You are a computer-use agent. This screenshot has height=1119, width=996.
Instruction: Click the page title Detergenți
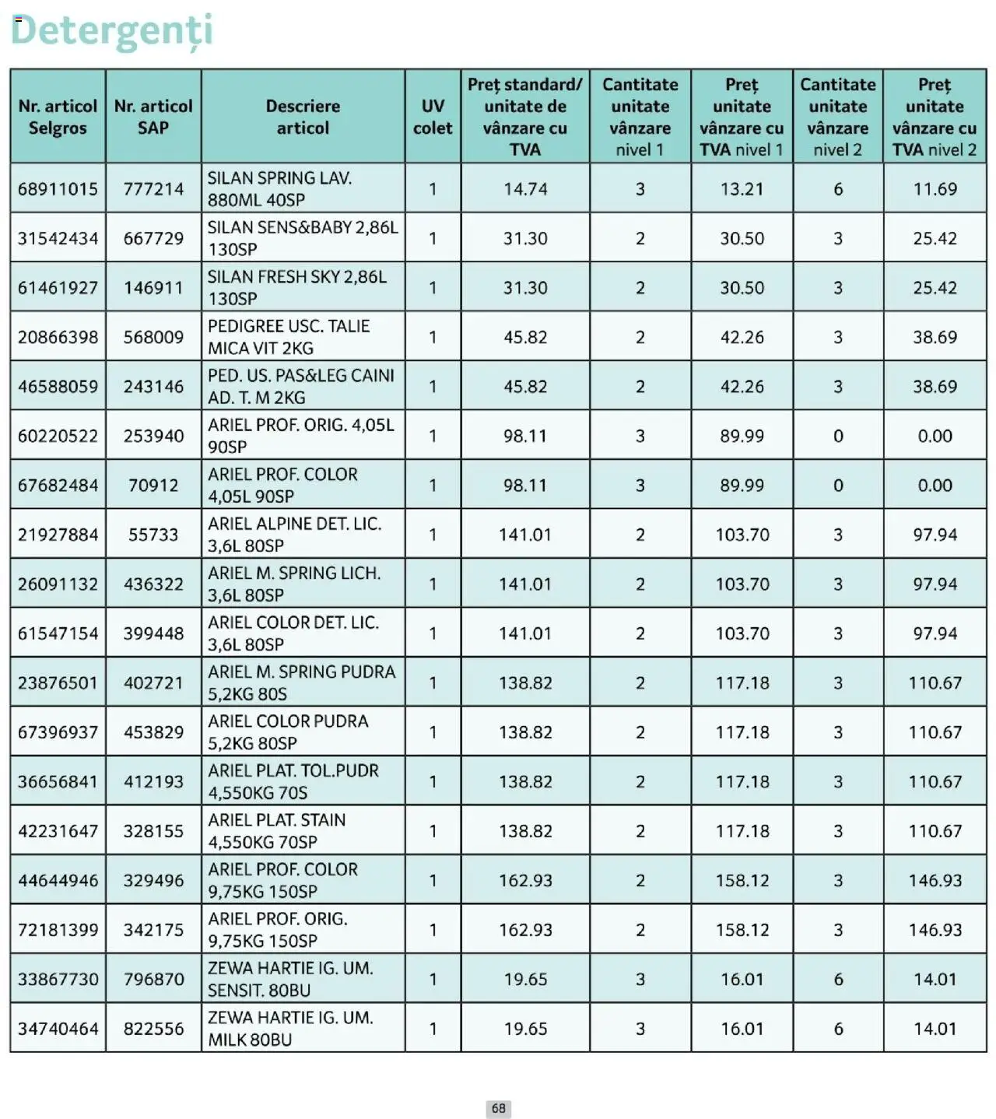click(111, 31)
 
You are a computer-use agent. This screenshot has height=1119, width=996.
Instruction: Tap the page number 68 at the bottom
click(498, 1108)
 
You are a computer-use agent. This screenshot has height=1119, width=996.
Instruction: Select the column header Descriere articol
click(303, 117)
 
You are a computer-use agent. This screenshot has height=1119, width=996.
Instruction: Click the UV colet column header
click(433, 117)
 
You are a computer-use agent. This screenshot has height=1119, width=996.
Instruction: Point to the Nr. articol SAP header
click(153, 117)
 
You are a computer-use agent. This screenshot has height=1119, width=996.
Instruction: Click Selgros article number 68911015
click(58, 189)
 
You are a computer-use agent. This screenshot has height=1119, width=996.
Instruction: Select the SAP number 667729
click(153, 238)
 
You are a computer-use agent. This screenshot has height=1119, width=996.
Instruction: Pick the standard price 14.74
click(525, 189)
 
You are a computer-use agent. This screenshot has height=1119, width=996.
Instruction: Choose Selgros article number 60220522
click(58, 436)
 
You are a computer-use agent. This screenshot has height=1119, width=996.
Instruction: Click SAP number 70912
click(153, 486)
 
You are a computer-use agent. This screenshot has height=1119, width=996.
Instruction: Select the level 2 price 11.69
click(935, 189)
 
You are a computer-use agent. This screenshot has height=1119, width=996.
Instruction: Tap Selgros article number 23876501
click(58, 683)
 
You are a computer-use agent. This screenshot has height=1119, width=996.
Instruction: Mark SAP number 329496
click(153, 880)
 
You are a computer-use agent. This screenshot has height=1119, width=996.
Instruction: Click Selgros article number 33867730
click(58, 979)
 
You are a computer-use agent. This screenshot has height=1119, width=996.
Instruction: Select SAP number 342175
click(153, 930)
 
